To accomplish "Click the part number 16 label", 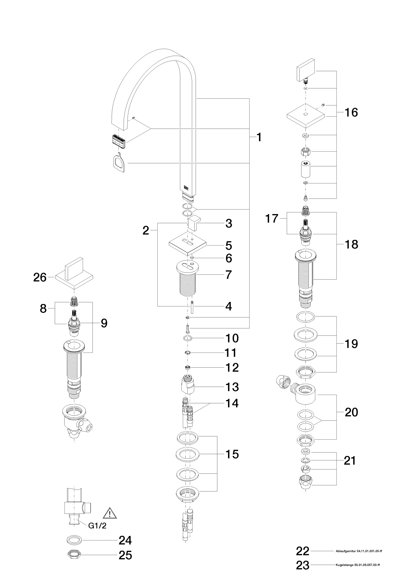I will pyautogui.click(x=351, y=112).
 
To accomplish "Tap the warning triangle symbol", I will pyautogui.click(x=110, y=513).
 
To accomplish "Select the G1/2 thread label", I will pyautogui.click(x=97, y=526).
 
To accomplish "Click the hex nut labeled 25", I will pyautogui.click(x=74, y=555).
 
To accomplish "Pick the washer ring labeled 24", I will pyautogui.click(x=74, y=540).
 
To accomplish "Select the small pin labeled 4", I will pyautogui.click(x=193, y=307).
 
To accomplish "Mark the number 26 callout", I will pyautogui.click(x=40, y=278).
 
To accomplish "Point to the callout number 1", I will pyautogui.click(x=259, y=137).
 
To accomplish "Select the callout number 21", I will pyautogui.click(x=350, y=461).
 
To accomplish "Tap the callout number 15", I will pyautogui.click(x=232, y=454).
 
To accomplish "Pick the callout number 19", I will pyautogui.click(x=351, y=344).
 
